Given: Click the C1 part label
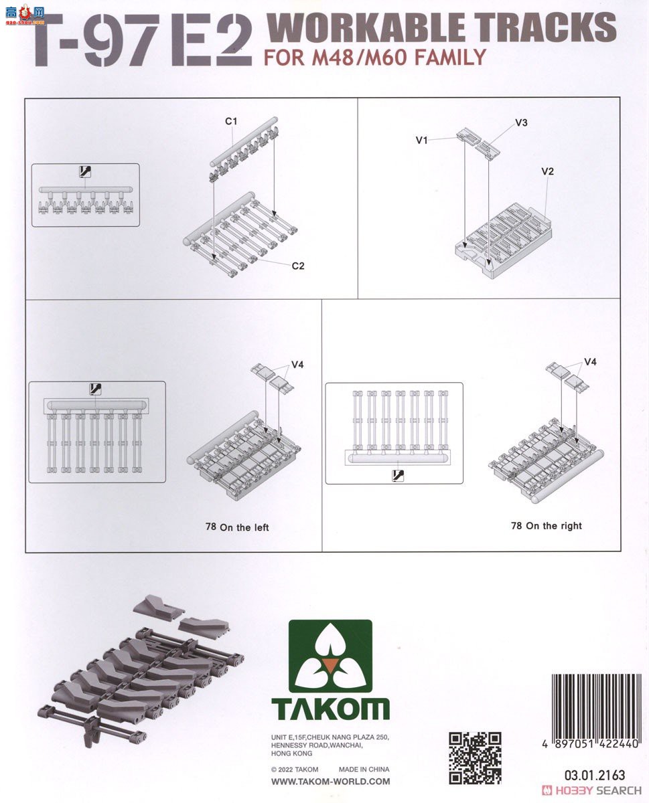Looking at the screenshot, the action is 231,121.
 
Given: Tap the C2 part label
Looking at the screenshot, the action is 298,266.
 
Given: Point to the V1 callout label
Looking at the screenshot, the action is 422,141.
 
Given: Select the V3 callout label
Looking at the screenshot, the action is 521,122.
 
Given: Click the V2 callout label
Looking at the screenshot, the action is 547,171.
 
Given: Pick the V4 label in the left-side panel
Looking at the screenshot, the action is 297,365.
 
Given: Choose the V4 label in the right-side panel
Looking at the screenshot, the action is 591,362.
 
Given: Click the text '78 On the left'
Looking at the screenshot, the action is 237,527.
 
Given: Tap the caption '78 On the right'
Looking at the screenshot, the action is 547,525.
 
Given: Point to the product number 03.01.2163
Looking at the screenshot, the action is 595,775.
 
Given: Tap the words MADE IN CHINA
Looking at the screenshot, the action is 364,769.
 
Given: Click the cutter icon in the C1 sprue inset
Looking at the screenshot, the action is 85,172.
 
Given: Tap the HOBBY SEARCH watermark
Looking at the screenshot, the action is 591,790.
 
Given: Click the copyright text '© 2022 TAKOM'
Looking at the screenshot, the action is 295,770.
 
